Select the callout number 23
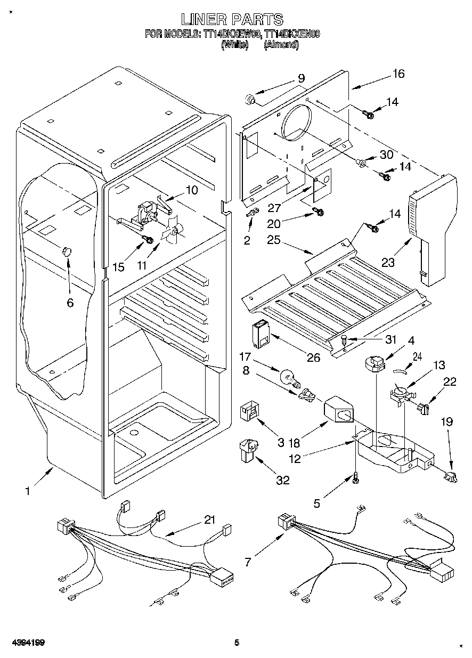click(388, 262)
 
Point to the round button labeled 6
click(67, 251)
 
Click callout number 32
click(283, 480)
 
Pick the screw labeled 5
click(356, 480)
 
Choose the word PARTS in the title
click(258, 20)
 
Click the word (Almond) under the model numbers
click(281, 45)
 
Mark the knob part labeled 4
click(375, 364)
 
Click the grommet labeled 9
click(250, 99)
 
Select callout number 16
click(398, 74)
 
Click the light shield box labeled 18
click(338, 410)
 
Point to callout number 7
click(248, 562)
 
